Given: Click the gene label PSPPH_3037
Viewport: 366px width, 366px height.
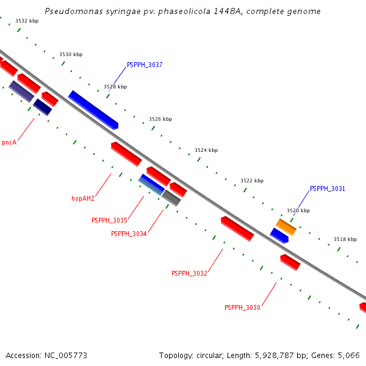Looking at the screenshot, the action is tap(145, 65).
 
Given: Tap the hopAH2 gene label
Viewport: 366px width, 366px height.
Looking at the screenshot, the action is tap(83, 198).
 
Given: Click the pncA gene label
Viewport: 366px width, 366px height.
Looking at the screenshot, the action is tap(9, 143).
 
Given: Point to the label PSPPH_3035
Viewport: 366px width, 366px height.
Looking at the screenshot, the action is tap(109, 220).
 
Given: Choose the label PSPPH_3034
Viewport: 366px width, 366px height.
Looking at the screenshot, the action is tap(129, 234).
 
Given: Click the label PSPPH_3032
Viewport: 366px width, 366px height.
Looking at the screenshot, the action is tap(189, 273).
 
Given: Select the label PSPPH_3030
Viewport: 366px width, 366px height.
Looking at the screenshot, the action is tap(242, 307).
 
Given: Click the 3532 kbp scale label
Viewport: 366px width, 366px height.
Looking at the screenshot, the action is tap(27, 21).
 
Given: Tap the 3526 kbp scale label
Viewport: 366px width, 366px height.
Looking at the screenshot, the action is tap(160, 120).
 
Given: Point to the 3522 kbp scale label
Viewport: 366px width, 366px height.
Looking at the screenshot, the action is tap(252, 181).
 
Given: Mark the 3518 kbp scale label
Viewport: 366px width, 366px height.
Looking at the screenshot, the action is tap(345, 240).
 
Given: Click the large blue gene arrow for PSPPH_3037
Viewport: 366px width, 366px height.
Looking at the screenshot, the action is tap(93, 110).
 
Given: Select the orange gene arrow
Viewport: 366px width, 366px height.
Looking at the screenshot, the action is tap(286, 227).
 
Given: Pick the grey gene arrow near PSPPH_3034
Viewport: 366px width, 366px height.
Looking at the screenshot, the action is tap(171, 198).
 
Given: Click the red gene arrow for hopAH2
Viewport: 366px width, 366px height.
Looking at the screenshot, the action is tap(126, 154).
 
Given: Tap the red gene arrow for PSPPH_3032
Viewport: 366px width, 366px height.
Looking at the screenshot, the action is tap(237, 229).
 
